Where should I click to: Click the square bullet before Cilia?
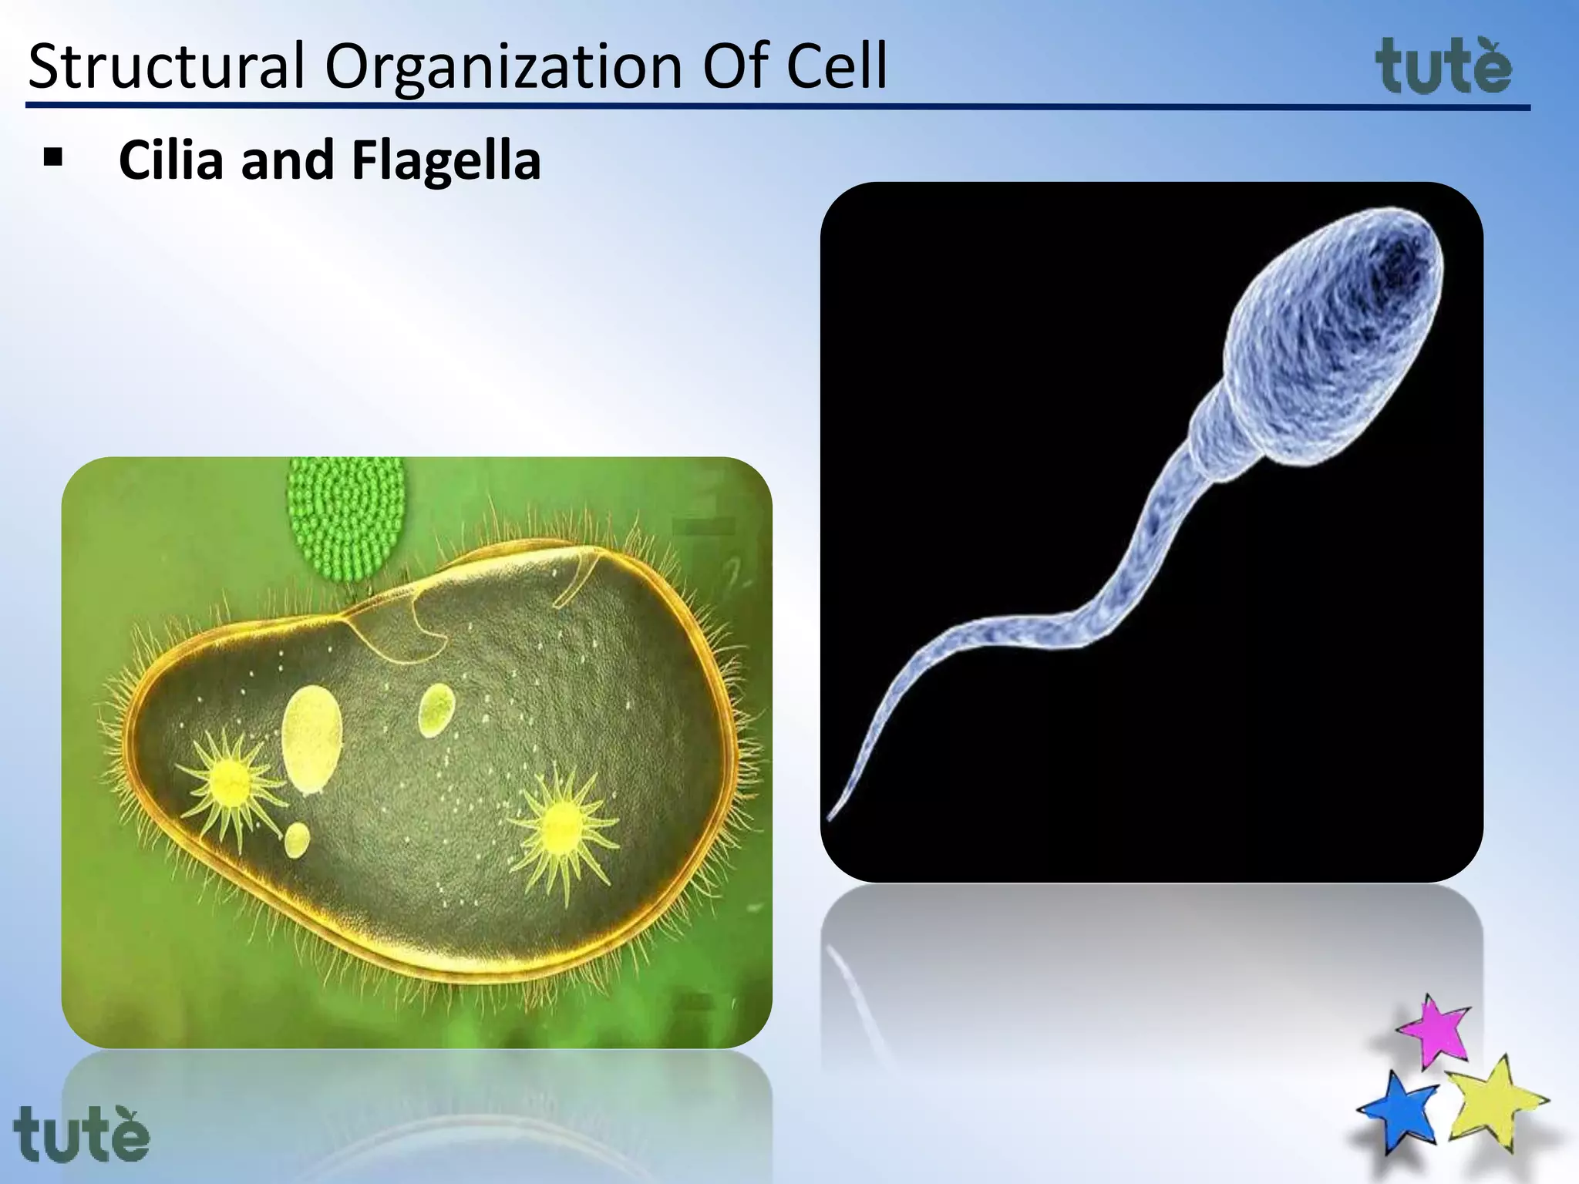point(53,158)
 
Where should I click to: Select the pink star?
point(1434,1031)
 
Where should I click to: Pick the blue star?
point(1400,1110)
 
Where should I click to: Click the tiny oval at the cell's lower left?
point(297,840)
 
